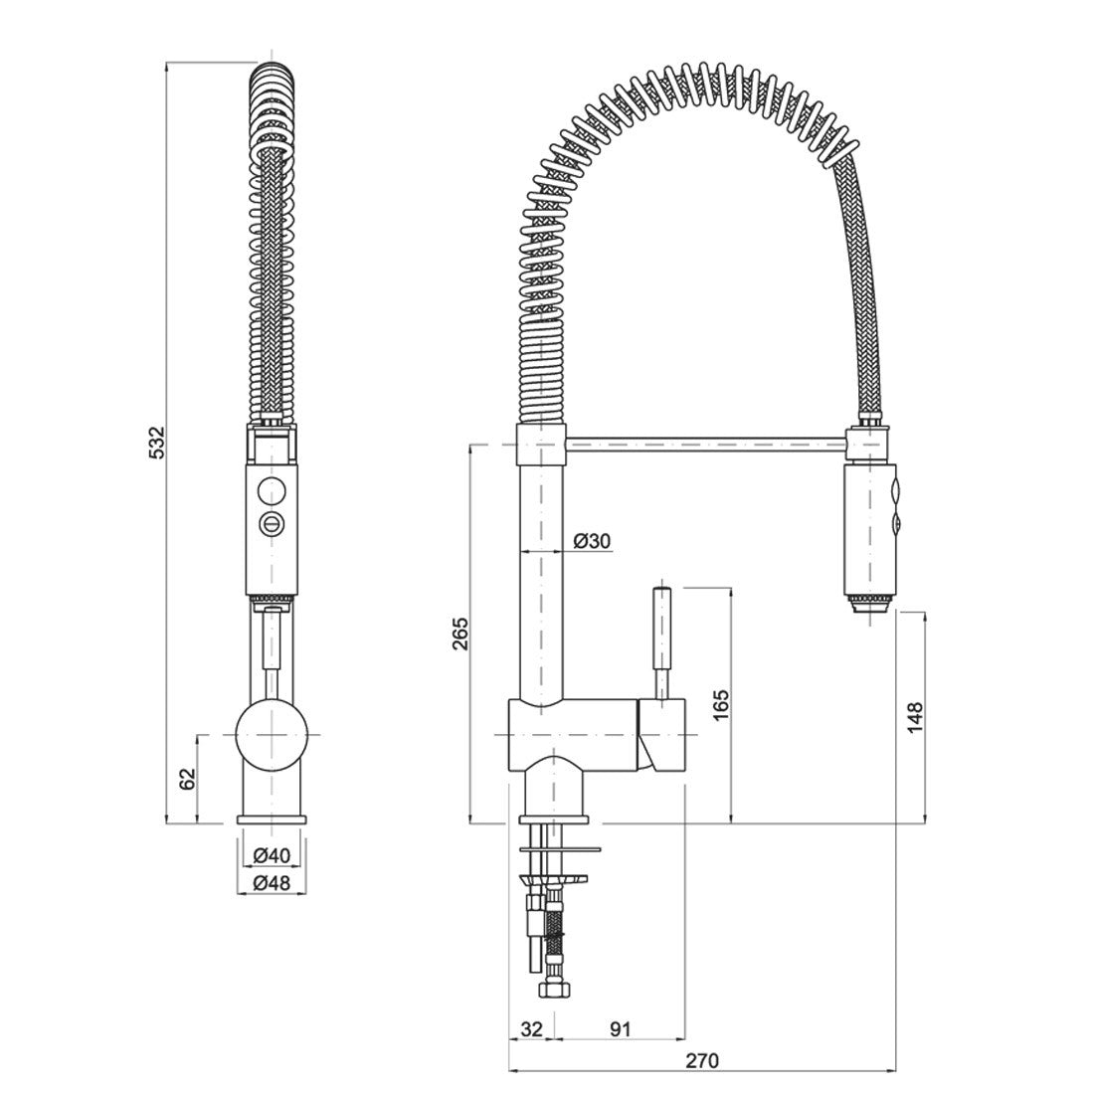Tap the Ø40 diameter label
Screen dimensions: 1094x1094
click(x=271, y=854)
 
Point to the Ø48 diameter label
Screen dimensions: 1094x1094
click(x=271, y=882)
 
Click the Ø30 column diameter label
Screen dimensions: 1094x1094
click(x=592, y=540)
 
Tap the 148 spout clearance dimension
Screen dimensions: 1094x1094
click(x=915, y=718)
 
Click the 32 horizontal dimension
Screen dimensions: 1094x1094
click(x=531, y=1029)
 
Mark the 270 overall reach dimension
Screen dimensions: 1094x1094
click(x=702, y=1060)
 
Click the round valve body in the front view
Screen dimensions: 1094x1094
click(x=270, y=733)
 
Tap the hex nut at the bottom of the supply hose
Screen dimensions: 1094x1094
click(x=545, y=990)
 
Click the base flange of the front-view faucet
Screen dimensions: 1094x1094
click(x=271, y=820)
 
